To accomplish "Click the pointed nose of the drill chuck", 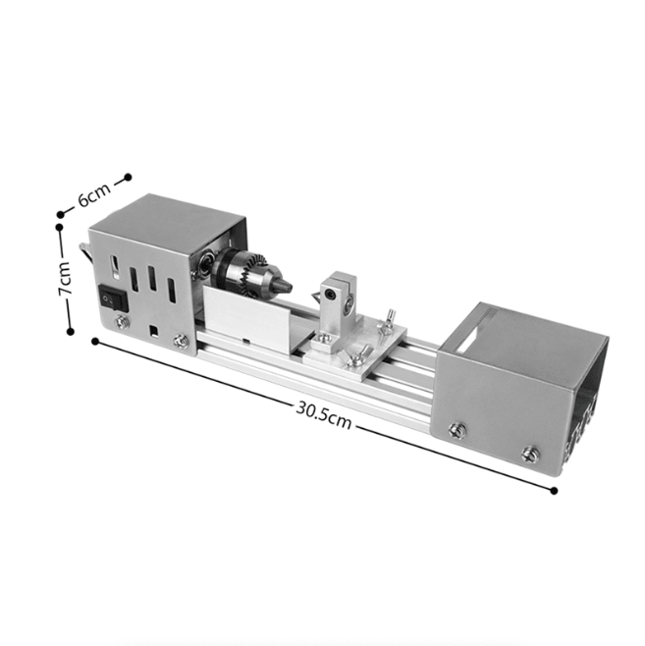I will pos(286,284).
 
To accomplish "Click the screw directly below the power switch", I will pos(122,321).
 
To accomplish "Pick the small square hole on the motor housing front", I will pos(152,330).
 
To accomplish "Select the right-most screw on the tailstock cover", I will pos(530,454).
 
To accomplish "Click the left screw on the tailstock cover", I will pos(457,428).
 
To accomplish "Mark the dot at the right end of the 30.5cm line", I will pos(555,490).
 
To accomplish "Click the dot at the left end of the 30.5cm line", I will pos(94,342).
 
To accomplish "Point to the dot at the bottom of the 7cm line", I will pos(70,332).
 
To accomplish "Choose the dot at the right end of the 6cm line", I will pos(128,178).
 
